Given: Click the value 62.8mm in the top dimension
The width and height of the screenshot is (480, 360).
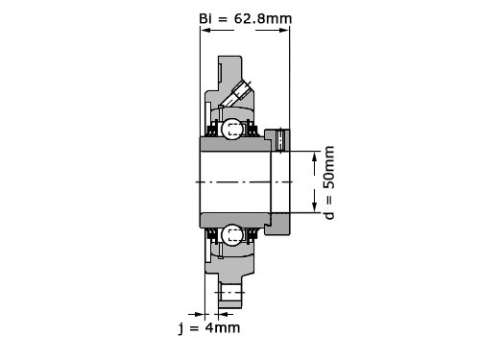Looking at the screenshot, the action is coord(263,18).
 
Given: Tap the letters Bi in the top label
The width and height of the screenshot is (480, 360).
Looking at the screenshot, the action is coord(205,18).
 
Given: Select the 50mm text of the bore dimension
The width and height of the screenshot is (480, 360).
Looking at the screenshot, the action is coord(329,167).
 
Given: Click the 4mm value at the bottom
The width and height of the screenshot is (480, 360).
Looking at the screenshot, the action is coord(223,327).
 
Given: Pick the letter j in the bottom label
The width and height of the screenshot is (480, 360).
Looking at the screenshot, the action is coord(181,328).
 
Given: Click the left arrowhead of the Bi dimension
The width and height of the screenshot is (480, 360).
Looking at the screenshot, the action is coord(205,31).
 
